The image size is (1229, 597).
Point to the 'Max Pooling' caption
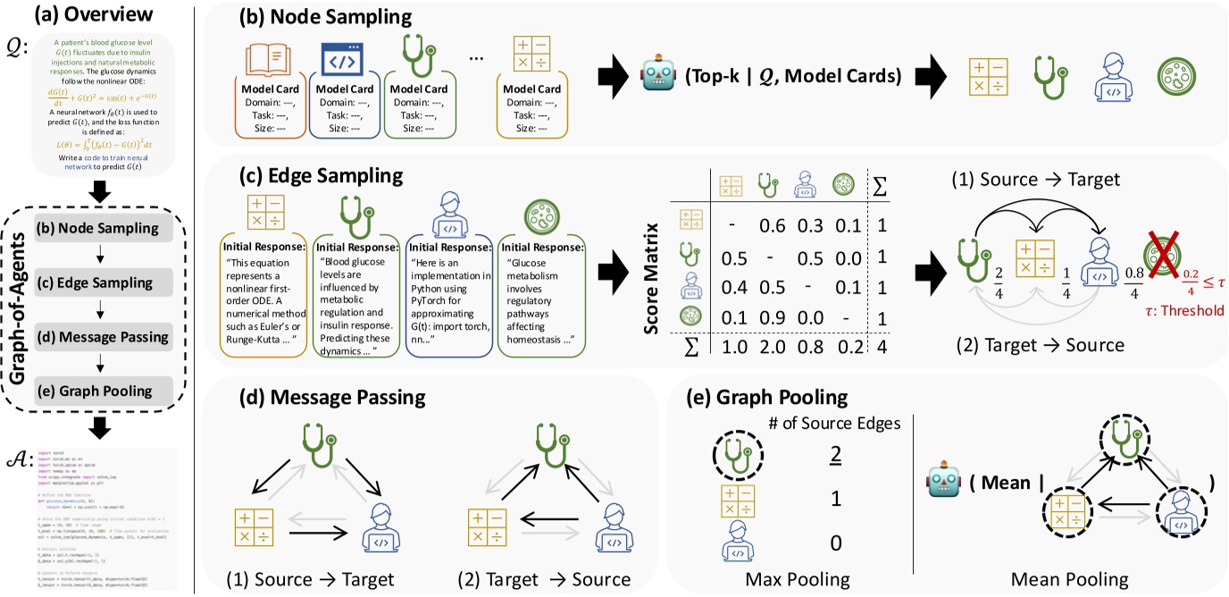(798, 579)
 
